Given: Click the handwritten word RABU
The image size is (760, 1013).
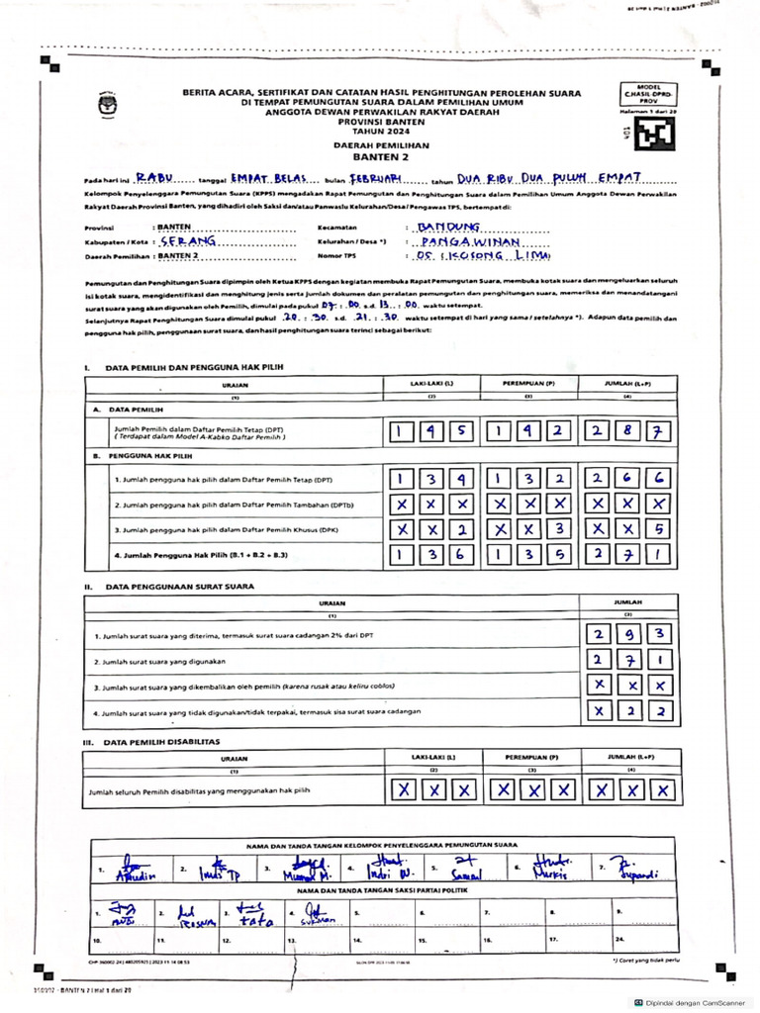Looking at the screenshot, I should [154, 178].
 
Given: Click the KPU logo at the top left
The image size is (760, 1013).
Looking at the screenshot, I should [106, 101].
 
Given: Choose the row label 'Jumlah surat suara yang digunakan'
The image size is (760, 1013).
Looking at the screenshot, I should [160, 661].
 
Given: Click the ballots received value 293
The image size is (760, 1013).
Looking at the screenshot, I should [630, 634].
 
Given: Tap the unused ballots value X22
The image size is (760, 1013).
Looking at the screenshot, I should [630, 711].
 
